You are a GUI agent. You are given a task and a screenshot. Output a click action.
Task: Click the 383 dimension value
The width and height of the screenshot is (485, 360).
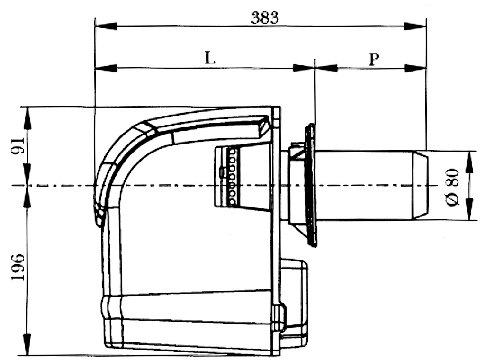[x=265, y=18]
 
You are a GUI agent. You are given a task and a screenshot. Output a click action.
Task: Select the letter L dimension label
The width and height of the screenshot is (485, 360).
[x=210, y=57]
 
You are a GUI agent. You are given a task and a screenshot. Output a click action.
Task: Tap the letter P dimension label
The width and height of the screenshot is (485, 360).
[x=374, y=59]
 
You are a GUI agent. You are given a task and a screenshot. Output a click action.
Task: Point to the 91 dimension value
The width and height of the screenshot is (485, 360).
[x=18, y=146]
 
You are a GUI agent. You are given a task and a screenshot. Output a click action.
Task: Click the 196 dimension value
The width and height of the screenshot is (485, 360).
[x=18, y=267]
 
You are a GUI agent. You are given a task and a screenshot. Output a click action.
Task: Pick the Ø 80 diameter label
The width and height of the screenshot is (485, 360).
[x=452, y=187]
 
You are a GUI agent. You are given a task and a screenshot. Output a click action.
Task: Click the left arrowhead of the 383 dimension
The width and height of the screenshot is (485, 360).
[x=106, y=26]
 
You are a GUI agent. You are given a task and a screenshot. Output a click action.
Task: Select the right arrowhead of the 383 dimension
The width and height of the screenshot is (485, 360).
[x=415, y=26]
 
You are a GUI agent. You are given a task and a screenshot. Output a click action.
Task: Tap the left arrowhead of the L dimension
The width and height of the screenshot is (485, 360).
[x=106, y=68]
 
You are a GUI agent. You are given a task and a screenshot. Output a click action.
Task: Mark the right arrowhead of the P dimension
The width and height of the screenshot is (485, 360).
[x=415, y=68]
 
